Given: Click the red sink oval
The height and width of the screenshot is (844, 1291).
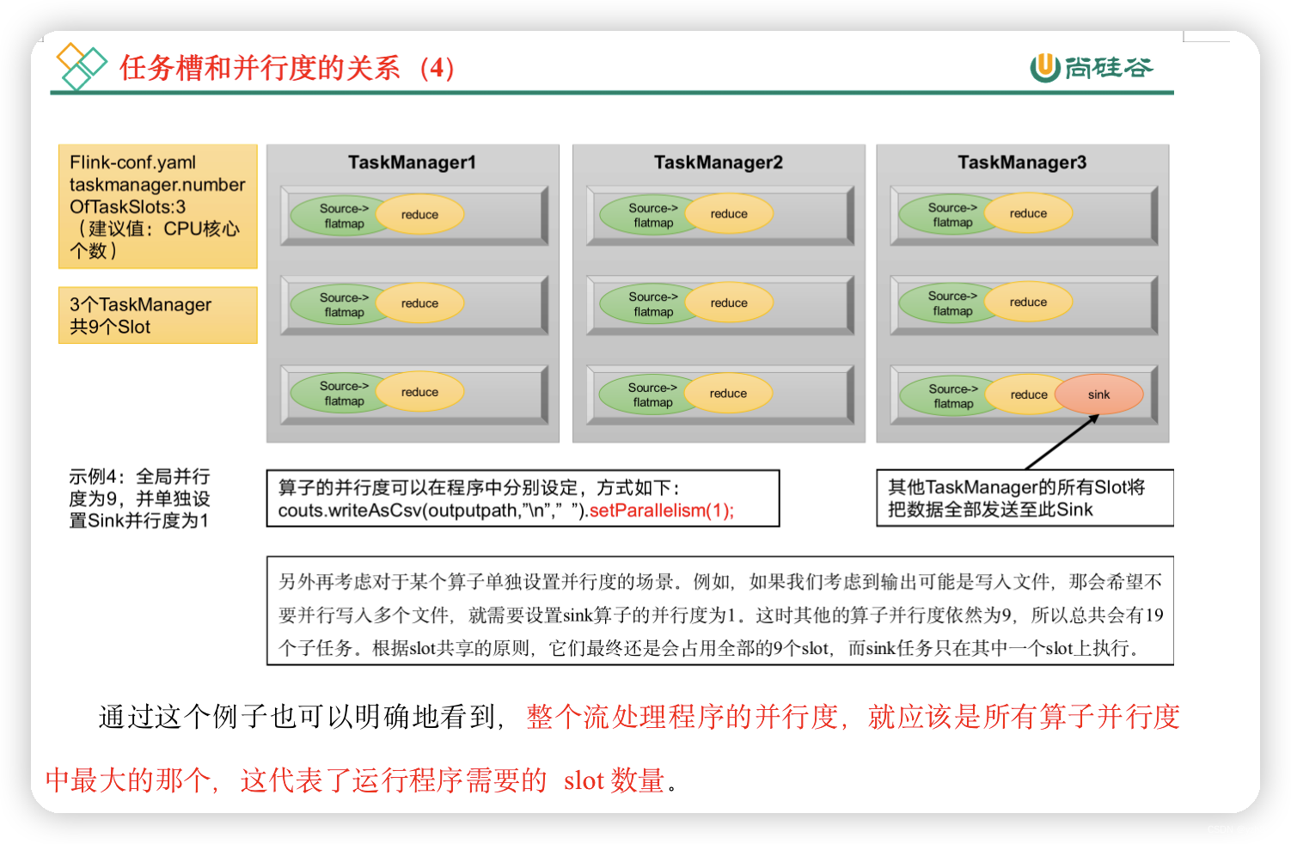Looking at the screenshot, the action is pos(1098,394).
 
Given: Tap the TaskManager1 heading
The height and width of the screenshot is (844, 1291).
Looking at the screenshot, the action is pos(412,162).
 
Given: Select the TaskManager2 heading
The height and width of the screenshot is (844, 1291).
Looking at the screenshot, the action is pos(718,162).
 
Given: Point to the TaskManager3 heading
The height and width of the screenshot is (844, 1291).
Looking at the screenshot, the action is pos(1022,162).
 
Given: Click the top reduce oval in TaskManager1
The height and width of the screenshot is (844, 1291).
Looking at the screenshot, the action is pos(419,215).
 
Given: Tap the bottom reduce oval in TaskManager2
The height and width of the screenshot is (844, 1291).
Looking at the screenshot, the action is pos(728,394).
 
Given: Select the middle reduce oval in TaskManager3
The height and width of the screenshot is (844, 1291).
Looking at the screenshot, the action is pos(1028,303).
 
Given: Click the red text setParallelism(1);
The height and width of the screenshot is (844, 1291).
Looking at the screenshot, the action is pos(661,511).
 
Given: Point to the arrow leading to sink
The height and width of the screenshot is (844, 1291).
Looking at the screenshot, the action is pos(1062,442).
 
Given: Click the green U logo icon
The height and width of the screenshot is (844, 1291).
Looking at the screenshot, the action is pos(1044,67).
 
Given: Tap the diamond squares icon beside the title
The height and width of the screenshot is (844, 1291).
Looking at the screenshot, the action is pos(81,66).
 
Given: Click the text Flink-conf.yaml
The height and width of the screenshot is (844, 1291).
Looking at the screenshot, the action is pos(132,162).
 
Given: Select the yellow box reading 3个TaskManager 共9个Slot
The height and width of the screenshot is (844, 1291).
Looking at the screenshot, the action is pos(157,315).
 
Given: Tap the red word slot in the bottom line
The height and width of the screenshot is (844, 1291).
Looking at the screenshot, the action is pos(584,780).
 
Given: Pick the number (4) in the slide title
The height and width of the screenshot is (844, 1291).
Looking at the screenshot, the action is pos(437,68).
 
